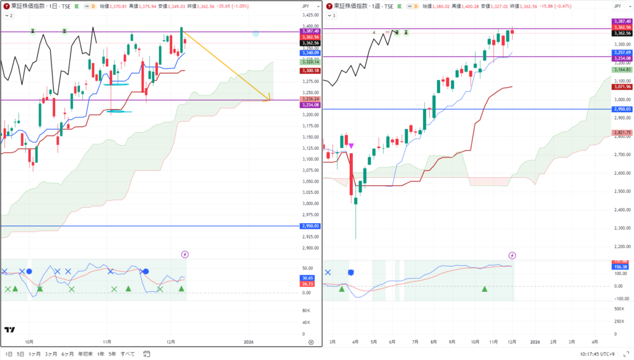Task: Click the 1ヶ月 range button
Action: tap(35, 354)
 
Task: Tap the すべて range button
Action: tap(128, 354)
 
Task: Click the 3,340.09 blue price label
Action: tap(310, 53)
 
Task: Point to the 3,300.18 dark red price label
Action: tap(310, 71)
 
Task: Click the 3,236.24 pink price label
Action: tap(310, 99)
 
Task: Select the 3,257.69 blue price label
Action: tap(622, 53)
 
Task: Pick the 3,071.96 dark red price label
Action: tap(622, 87)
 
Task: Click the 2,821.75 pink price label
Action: tap(622, 133)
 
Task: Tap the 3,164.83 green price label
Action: tap(622, 70)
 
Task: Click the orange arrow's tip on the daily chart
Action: tap(270, 99)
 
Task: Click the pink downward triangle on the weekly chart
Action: tap(351, 146)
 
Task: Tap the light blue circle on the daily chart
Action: tap(256, 33)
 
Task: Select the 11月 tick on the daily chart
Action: tap(107, 341)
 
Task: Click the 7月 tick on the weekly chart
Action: tap(415, 341)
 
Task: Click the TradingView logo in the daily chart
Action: tap(10, 330)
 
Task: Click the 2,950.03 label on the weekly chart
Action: tap(622, 109)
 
